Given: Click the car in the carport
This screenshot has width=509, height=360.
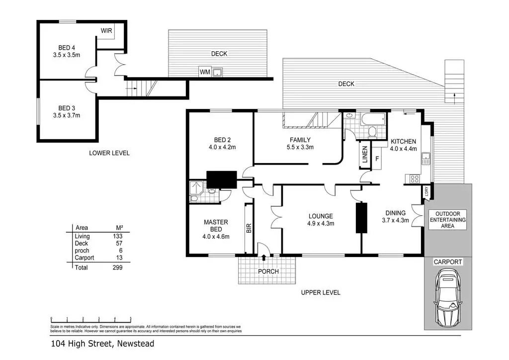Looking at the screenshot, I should [x=447, y=298].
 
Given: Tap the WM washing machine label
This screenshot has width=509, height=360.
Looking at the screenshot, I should [x=204, y=73].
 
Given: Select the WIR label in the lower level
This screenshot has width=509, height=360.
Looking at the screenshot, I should [x=106, y=31].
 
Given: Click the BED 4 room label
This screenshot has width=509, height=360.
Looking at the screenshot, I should [x=66, y=52].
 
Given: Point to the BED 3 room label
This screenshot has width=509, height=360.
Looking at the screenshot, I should [x=66, y=111].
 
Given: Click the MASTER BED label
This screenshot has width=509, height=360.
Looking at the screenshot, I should [x=216, y=229].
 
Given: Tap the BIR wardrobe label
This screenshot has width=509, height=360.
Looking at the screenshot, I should [x=249, y=228].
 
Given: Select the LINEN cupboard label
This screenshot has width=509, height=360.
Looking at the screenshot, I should [x=364, y=155].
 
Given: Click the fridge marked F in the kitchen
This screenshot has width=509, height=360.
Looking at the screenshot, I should [x=377, y=160].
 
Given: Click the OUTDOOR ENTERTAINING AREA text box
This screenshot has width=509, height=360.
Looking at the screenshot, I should [x=448, y=219].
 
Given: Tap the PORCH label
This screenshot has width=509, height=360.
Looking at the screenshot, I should [x=268, y=271].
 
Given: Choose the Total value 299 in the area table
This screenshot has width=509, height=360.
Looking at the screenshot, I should [x=117, y=268].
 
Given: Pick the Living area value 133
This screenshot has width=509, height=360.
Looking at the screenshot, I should [x=117, y=236].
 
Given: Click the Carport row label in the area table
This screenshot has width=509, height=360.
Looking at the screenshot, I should [x=84, y=258].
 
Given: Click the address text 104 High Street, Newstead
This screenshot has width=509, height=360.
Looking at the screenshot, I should [x=102, y=344].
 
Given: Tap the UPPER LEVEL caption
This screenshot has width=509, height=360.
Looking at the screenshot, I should [x=321, y=292].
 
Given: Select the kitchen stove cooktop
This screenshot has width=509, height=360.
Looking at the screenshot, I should [x=412, y=178].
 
